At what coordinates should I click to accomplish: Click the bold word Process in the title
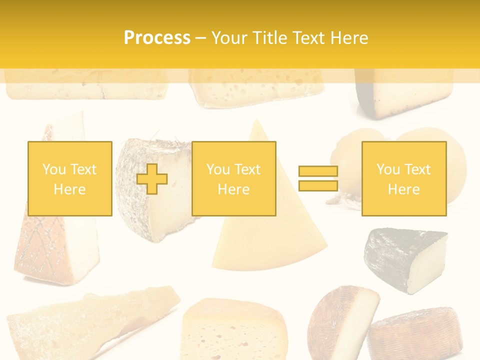[157, 38]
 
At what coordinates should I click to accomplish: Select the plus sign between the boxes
[152, 179]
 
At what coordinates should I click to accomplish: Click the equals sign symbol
[318, 179]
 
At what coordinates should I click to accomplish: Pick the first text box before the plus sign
[69, 179]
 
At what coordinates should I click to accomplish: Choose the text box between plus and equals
[233, 179]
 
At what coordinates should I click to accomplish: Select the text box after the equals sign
[403, 179]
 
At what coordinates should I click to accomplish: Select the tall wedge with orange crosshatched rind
[50, 245]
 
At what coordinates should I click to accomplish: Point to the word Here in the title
[349, 38]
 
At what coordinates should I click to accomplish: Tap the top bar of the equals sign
[318, 171]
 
